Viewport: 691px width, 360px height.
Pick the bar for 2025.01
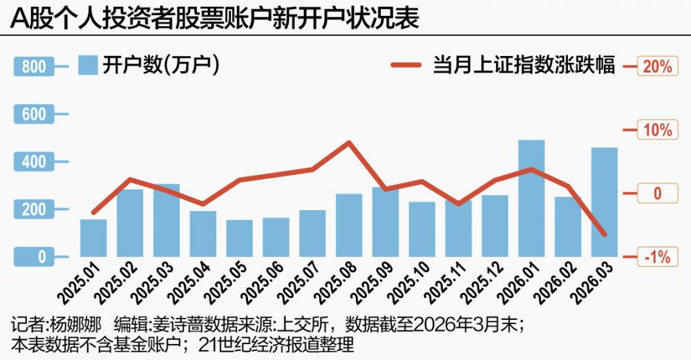[x=93, y=243]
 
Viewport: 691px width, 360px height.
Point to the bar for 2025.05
[x=239, y=243]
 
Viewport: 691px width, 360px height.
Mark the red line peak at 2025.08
[x=350, y=143]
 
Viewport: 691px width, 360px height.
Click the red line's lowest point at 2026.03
[x=604, y=235]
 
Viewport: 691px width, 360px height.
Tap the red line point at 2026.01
[x=531, y=169]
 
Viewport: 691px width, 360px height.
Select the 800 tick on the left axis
[x=33, y=67]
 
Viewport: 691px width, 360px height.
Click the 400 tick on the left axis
[x=33, y=162]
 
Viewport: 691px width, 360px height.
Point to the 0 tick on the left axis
[x=33, y=257]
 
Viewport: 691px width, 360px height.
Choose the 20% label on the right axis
[x=656, y=67]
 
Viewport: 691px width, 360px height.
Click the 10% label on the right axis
[x=656, y=131]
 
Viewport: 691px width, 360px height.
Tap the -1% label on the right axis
[x=656, y=258]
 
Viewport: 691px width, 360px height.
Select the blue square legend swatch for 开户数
[x=87, y=65]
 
